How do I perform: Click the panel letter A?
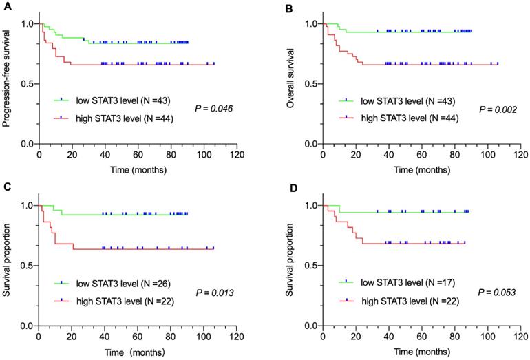tap(6, 6)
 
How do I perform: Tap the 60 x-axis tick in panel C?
tap(138, 337)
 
